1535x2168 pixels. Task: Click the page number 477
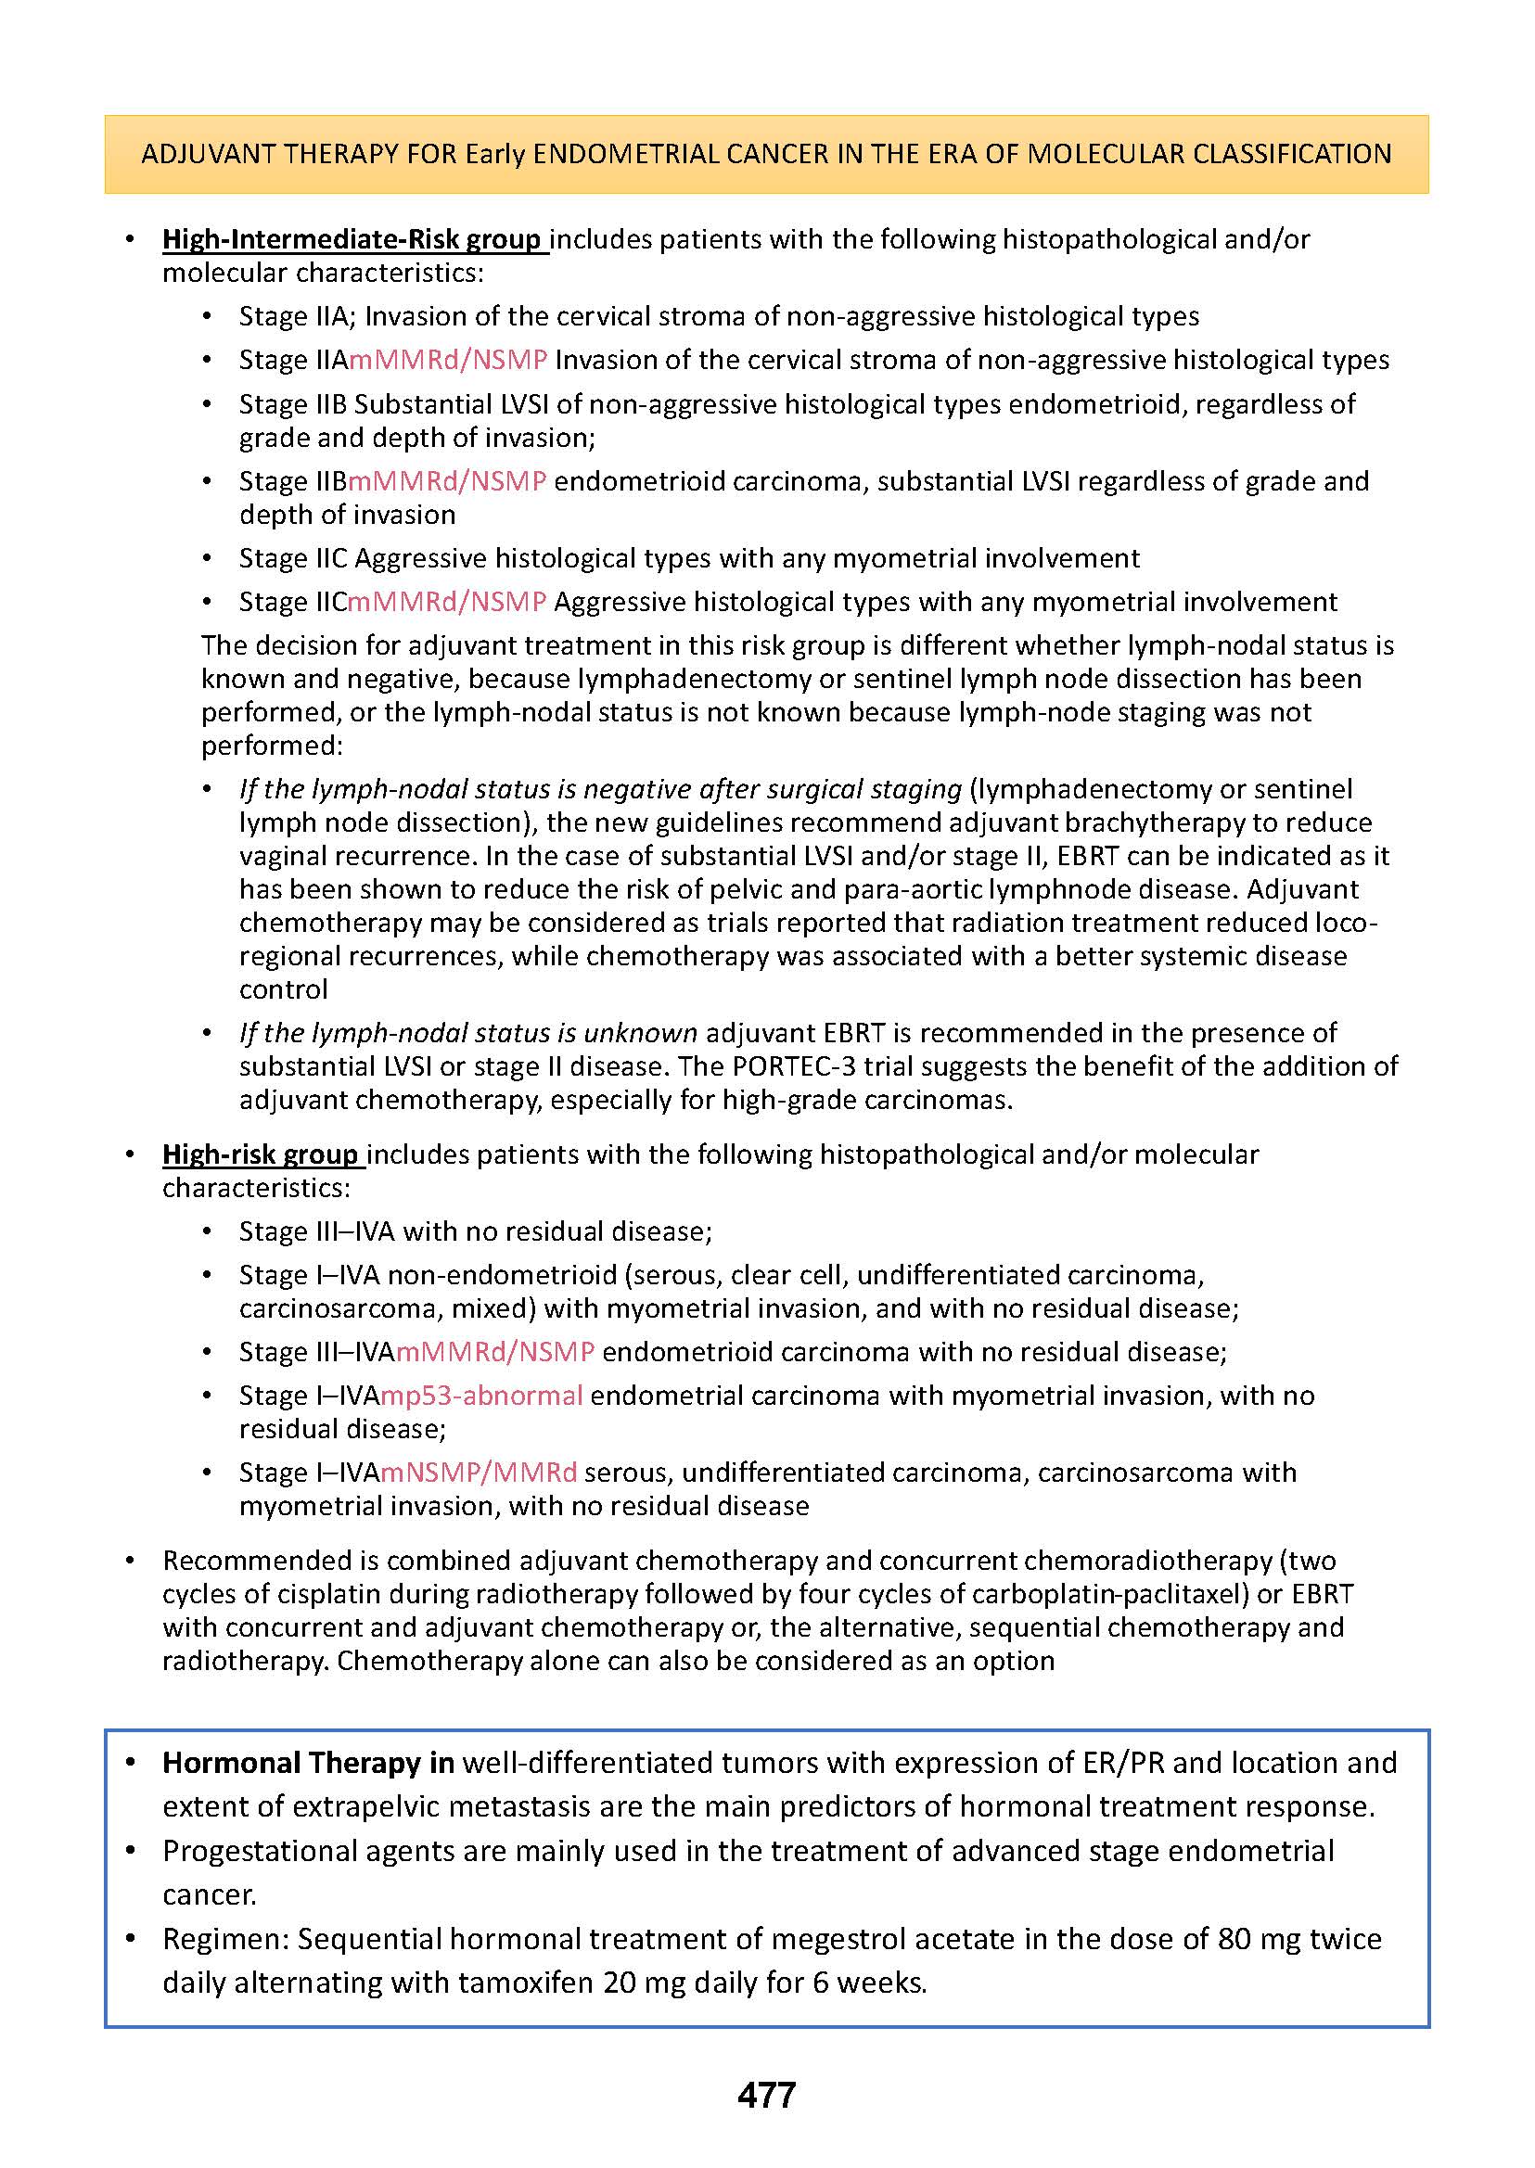pyautogui.click(x=766, y=2096)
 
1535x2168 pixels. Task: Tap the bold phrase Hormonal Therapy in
pyautogui.click(x=308, y=1763)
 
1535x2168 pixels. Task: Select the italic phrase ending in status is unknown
pyautogui.click(x=468, y=1032)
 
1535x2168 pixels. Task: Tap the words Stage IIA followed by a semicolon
pyautogui.click(x=295, y=315)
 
